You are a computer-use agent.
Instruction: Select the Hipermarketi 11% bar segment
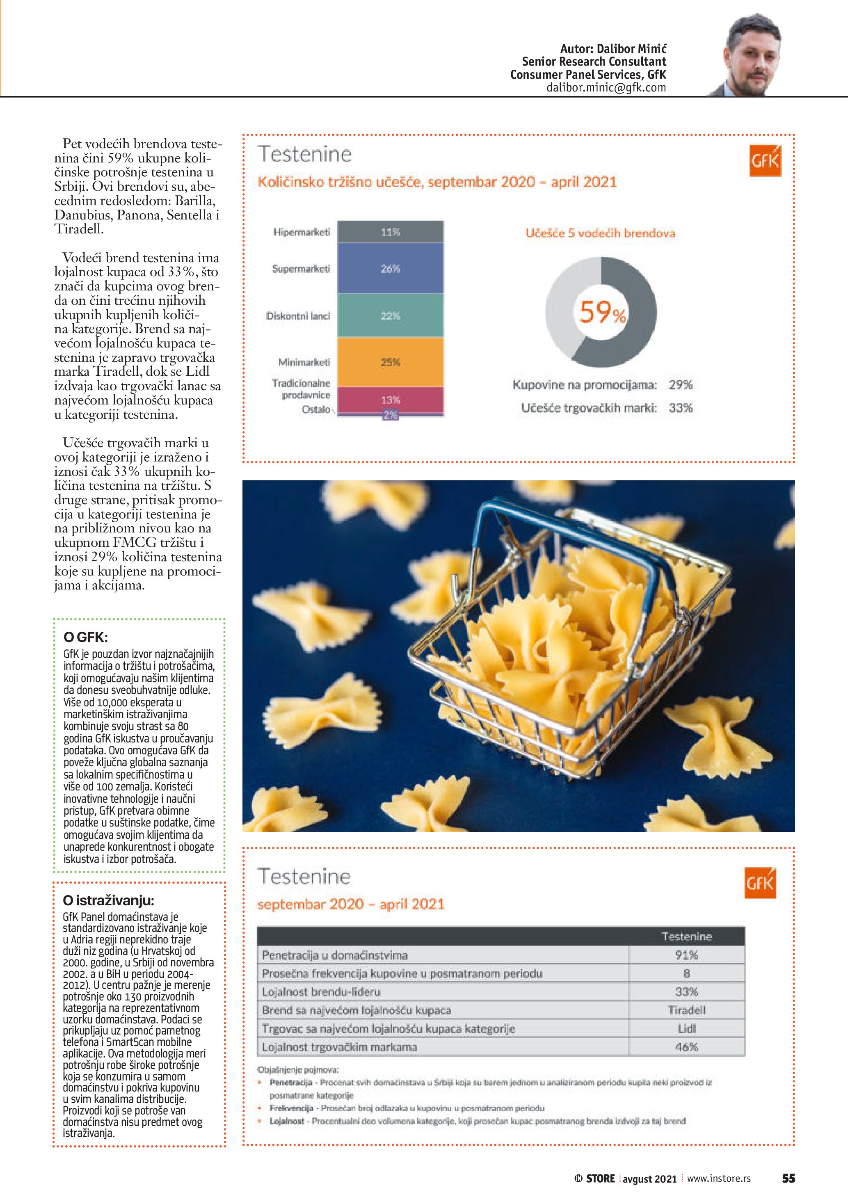tap(390, 232)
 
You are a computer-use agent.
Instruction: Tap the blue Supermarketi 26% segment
tap(390, 268)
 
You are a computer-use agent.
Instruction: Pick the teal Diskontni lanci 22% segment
tap(390, 315)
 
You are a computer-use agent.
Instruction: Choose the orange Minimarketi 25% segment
tap(390, 362)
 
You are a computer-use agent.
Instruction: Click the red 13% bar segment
tap(390, 400)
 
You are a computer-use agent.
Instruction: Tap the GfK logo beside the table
tap(760, 883)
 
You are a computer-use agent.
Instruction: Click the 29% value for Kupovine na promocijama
tap(680, 385)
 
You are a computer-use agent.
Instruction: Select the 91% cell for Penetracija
tap(686, 955)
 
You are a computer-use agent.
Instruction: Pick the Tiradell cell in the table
tap(686, 1010)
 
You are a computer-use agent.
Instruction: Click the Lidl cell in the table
tap(686, 1028)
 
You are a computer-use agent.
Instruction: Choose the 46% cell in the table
tap(686, 1046)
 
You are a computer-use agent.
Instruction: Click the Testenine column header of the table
tap(686, 936)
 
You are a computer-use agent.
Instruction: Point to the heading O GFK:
tap(86, 637)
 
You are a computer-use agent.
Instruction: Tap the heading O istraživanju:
tap(108, 900)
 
